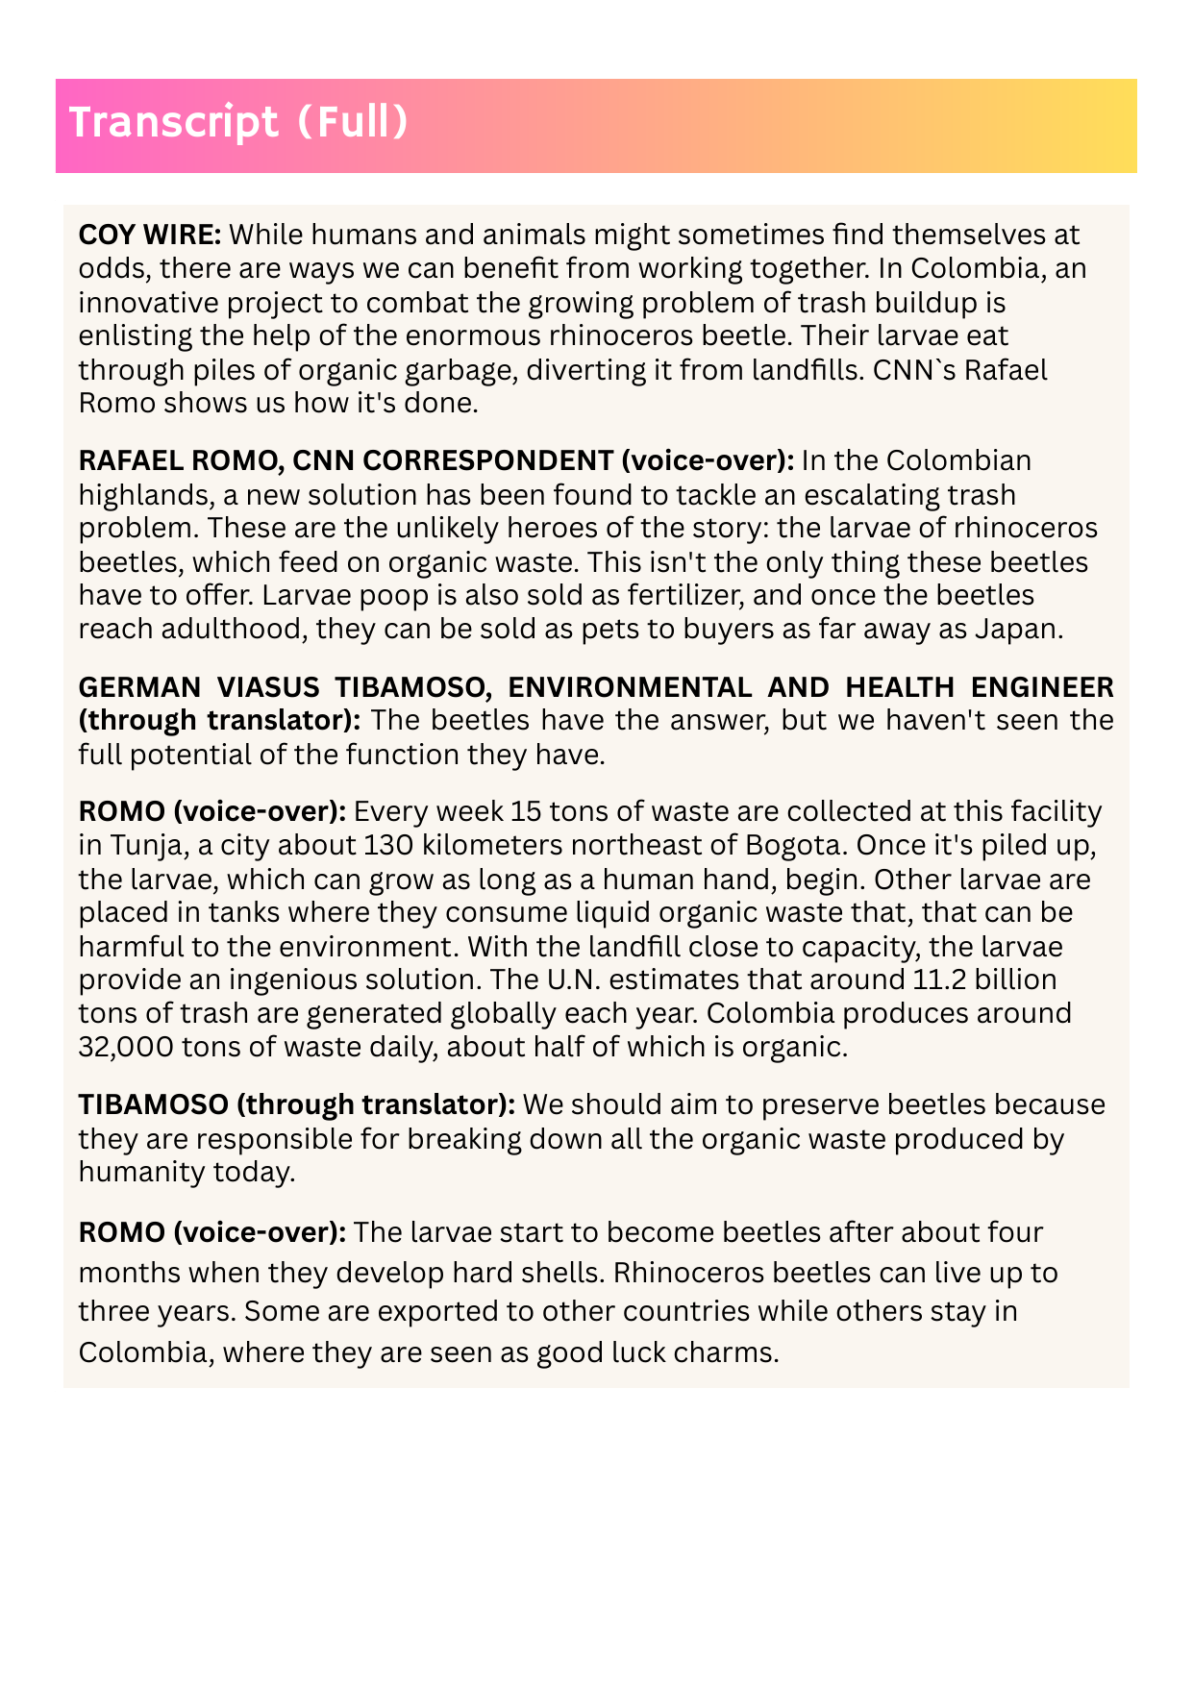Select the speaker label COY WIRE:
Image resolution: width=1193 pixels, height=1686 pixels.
click(151, 235)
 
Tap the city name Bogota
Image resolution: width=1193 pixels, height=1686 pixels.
click(803, 845)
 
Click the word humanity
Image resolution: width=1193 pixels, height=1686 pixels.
click(140, 1172)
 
